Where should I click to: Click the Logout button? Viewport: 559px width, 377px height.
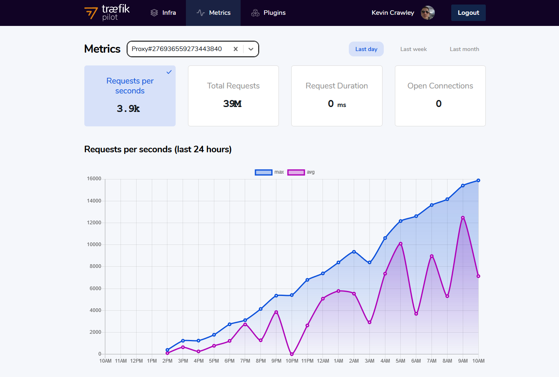468,13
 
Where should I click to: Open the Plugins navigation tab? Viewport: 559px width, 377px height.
268,13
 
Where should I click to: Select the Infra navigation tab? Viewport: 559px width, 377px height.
163,13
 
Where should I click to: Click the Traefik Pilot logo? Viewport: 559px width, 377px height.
107,13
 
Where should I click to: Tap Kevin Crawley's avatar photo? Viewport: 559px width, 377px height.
427,13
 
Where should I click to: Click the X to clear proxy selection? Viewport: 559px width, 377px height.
236,49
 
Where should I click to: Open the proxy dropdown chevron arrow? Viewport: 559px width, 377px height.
251,49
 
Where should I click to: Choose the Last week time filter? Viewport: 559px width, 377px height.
413,49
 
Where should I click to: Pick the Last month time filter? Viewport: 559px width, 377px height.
464,49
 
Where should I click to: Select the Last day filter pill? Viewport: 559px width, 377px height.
366,49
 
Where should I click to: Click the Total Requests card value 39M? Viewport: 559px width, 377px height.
232,104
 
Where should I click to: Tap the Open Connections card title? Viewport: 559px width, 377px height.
440,86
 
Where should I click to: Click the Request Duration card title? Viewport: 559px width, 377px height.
336,86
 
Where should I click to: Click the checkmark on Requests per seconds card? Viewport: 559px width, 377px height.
169,72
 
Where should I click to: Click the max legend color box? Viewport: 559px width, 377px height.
264,172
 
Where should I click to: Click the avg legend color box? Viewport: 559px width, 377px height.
296,172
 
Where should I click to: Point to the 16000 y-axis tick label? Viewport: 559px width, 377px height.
94,179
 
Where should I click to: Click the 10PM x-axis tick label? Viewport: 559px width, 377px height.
292,361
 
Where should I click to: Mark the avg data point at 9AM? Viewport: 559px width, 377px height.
463,218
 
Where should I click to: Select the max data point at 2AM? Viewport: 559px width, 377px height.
354,251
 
